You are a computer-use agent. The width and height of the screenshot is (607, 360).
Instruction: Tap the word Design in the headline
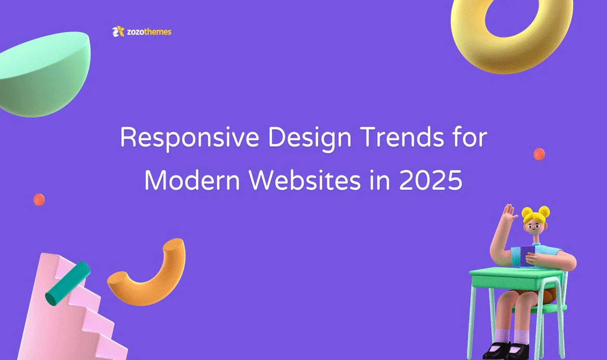tap(309, 138)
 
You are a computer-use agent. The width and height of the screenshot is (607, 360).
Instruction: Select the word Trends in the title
tap(402, 137)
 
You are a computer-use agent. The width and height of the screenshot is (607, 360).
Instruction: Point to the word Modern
tap(192, 180)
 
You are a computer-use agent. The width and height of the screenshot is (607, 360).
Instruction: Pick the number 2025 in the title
tap(431, 181)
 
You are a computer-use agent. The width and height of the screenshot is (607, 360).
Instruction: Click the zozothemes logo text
tap(149, 32)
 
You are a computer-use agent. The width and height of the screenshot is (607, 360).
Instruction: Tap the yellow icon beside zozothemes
tap(118, 31)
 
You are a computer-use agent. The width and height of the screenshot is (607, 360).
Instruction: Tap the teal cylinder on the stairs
tap(68, 283)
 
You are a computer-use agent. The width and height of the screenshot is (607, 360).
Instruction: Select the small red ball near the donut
tap(539, 154)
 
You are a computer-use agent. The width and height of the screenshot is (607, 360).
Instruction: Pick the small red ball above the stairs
tap(39, 200)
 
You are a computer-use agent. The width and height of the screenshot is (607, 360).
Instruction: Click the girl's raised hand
tap(510, 213)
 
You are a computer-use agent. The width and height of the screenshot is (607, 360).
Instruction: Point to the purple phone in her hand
tap(527, 256)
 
